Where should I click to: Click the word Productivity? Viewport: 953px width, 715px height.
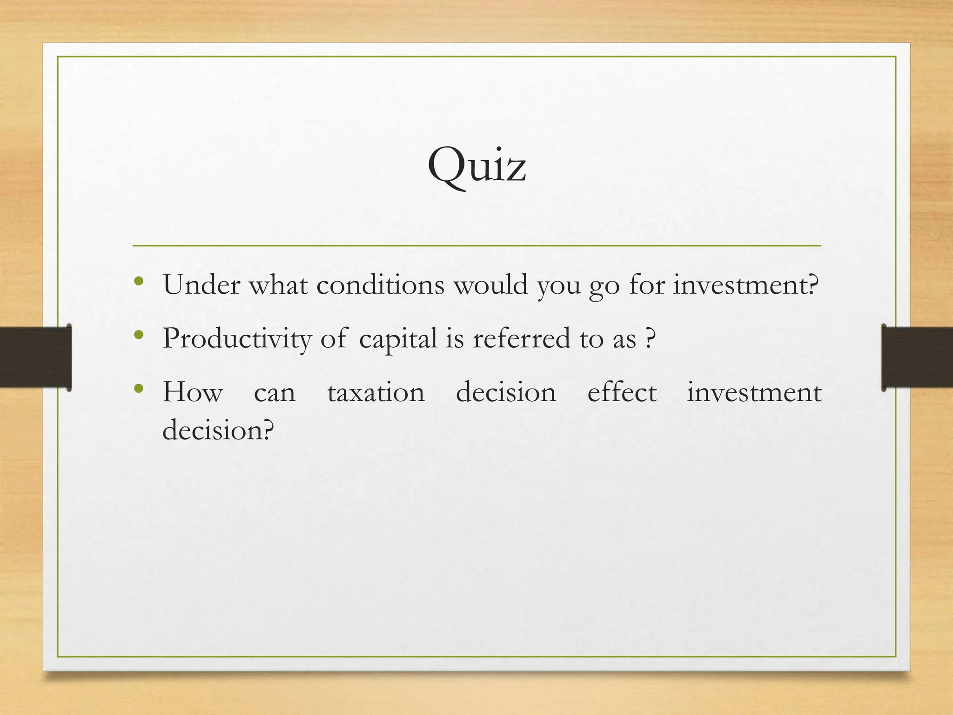pos(237,338)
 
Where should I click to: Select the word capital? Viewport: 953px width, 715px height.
pos(398,338)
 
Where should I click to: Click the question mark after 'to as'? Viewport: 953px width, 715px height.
pos(651,338)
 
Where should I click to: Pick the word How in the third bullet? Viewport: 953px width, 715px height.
pos(193,392)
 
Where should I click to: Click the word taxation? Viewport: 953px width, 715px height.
pos(376,392)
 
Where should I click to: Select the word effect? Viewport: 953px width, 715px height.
pos(622,392)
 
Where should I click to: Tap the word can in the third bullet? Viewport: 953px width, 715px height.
pos(275,393)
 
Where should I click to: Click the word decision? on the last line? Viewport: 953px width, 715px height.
pos(218,430)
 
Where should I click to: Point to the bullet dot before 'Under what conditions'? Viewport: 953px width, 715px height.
pos(138,281)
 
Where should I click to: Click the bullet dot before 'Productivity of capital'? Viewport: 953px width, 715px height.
pos(138,335)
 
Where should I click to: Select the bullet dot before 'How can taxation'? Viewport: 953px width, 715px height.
pos(138,388)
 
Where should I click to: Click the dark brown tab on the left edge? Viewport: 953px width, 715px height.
pos(35,357)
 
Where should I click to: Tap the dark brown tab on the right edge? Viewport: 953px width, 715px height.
pos(917,357)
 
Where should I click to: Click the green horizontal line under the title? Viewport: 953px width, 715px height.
pos(476,245)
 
